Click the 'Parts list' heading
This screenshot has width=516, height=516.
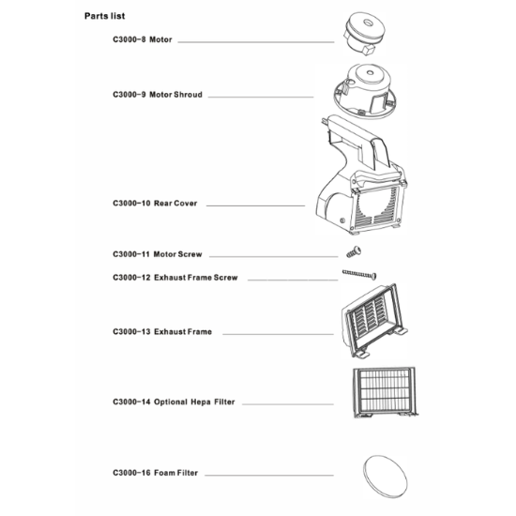pyautogui.click(x=105, y=16)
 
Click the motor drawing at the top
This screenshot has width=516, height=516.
pyautogui.click(x=364, y=34)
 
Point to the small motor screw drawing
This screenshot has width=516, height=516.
pyautogui.click(x=354, y=252)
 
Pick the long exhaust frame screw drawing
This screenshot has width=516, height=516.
pyautogui.click(x=359, y=274)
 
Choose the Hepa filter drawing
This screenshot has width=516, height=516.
pyautogui.click(x=385, y=391)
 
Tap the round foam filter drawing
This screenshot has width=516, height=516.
pyautogui.click(x=385, y=477)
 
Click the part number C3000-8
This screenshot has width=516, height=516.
pyautogui.click(x=129, y=39)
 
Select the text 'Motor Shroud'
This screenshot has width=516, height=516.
pyautogui.click(x=175, y=95)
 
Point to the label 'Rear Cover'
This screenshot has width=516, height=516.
pyautogui.click(x=175, y=204)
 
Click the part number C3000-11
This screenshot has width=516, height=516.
pyautogui.click(x=131, y=254)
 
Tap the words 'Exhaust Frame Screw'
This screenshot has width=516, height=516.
pyautogui.click(x=196, y=278)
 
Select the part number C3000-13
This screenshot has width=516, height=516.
pyautogui.click(x=131, y=332)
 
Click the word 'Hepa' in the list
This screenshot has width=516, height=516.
pyautogui.click(x=201, y=402)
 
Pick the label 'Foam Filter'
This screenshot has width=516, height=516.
pyautogui.click(x=176, y=473)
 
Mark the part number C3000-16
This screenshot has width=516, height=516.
pyautogui.click(x=131, y=473)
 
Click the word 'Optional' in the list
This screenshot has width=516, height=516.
pyautogui.click(x=171, y=402)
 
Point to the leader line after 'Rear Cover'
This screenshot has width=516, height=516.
pyautogui.click(x=255, y=206)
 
